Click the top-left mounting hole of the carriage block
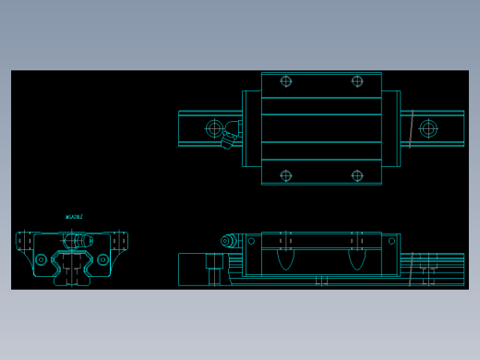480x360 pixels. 286,81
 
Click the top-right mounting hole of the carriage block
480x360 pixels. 357,81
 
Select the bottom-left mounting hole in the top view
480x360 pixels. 286,175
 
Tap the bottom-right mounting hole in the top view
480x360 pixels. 357,175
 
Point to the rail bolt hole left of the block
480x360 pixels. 215,128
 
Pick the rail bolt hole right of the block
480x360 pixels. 428,128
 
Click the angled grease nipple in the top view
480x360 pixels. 228,139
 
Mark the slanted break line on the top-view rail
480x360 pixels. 411,129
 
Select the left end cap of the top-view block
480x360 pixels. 251,128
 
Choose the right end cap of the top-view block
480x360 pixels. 390,128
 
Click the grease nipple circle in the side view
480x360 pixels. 226,241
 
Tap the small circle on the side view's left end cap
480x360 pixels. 251,241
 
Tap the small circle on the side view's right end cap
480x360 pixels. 391,241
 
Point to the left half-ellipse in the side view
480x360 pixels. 286,258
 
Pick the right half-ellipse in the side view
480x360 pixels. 357,258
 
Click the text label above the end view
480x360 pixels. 74,217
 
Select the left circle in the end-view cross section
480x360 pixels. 41,259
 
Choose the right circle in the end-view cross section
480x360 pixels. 102,259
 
